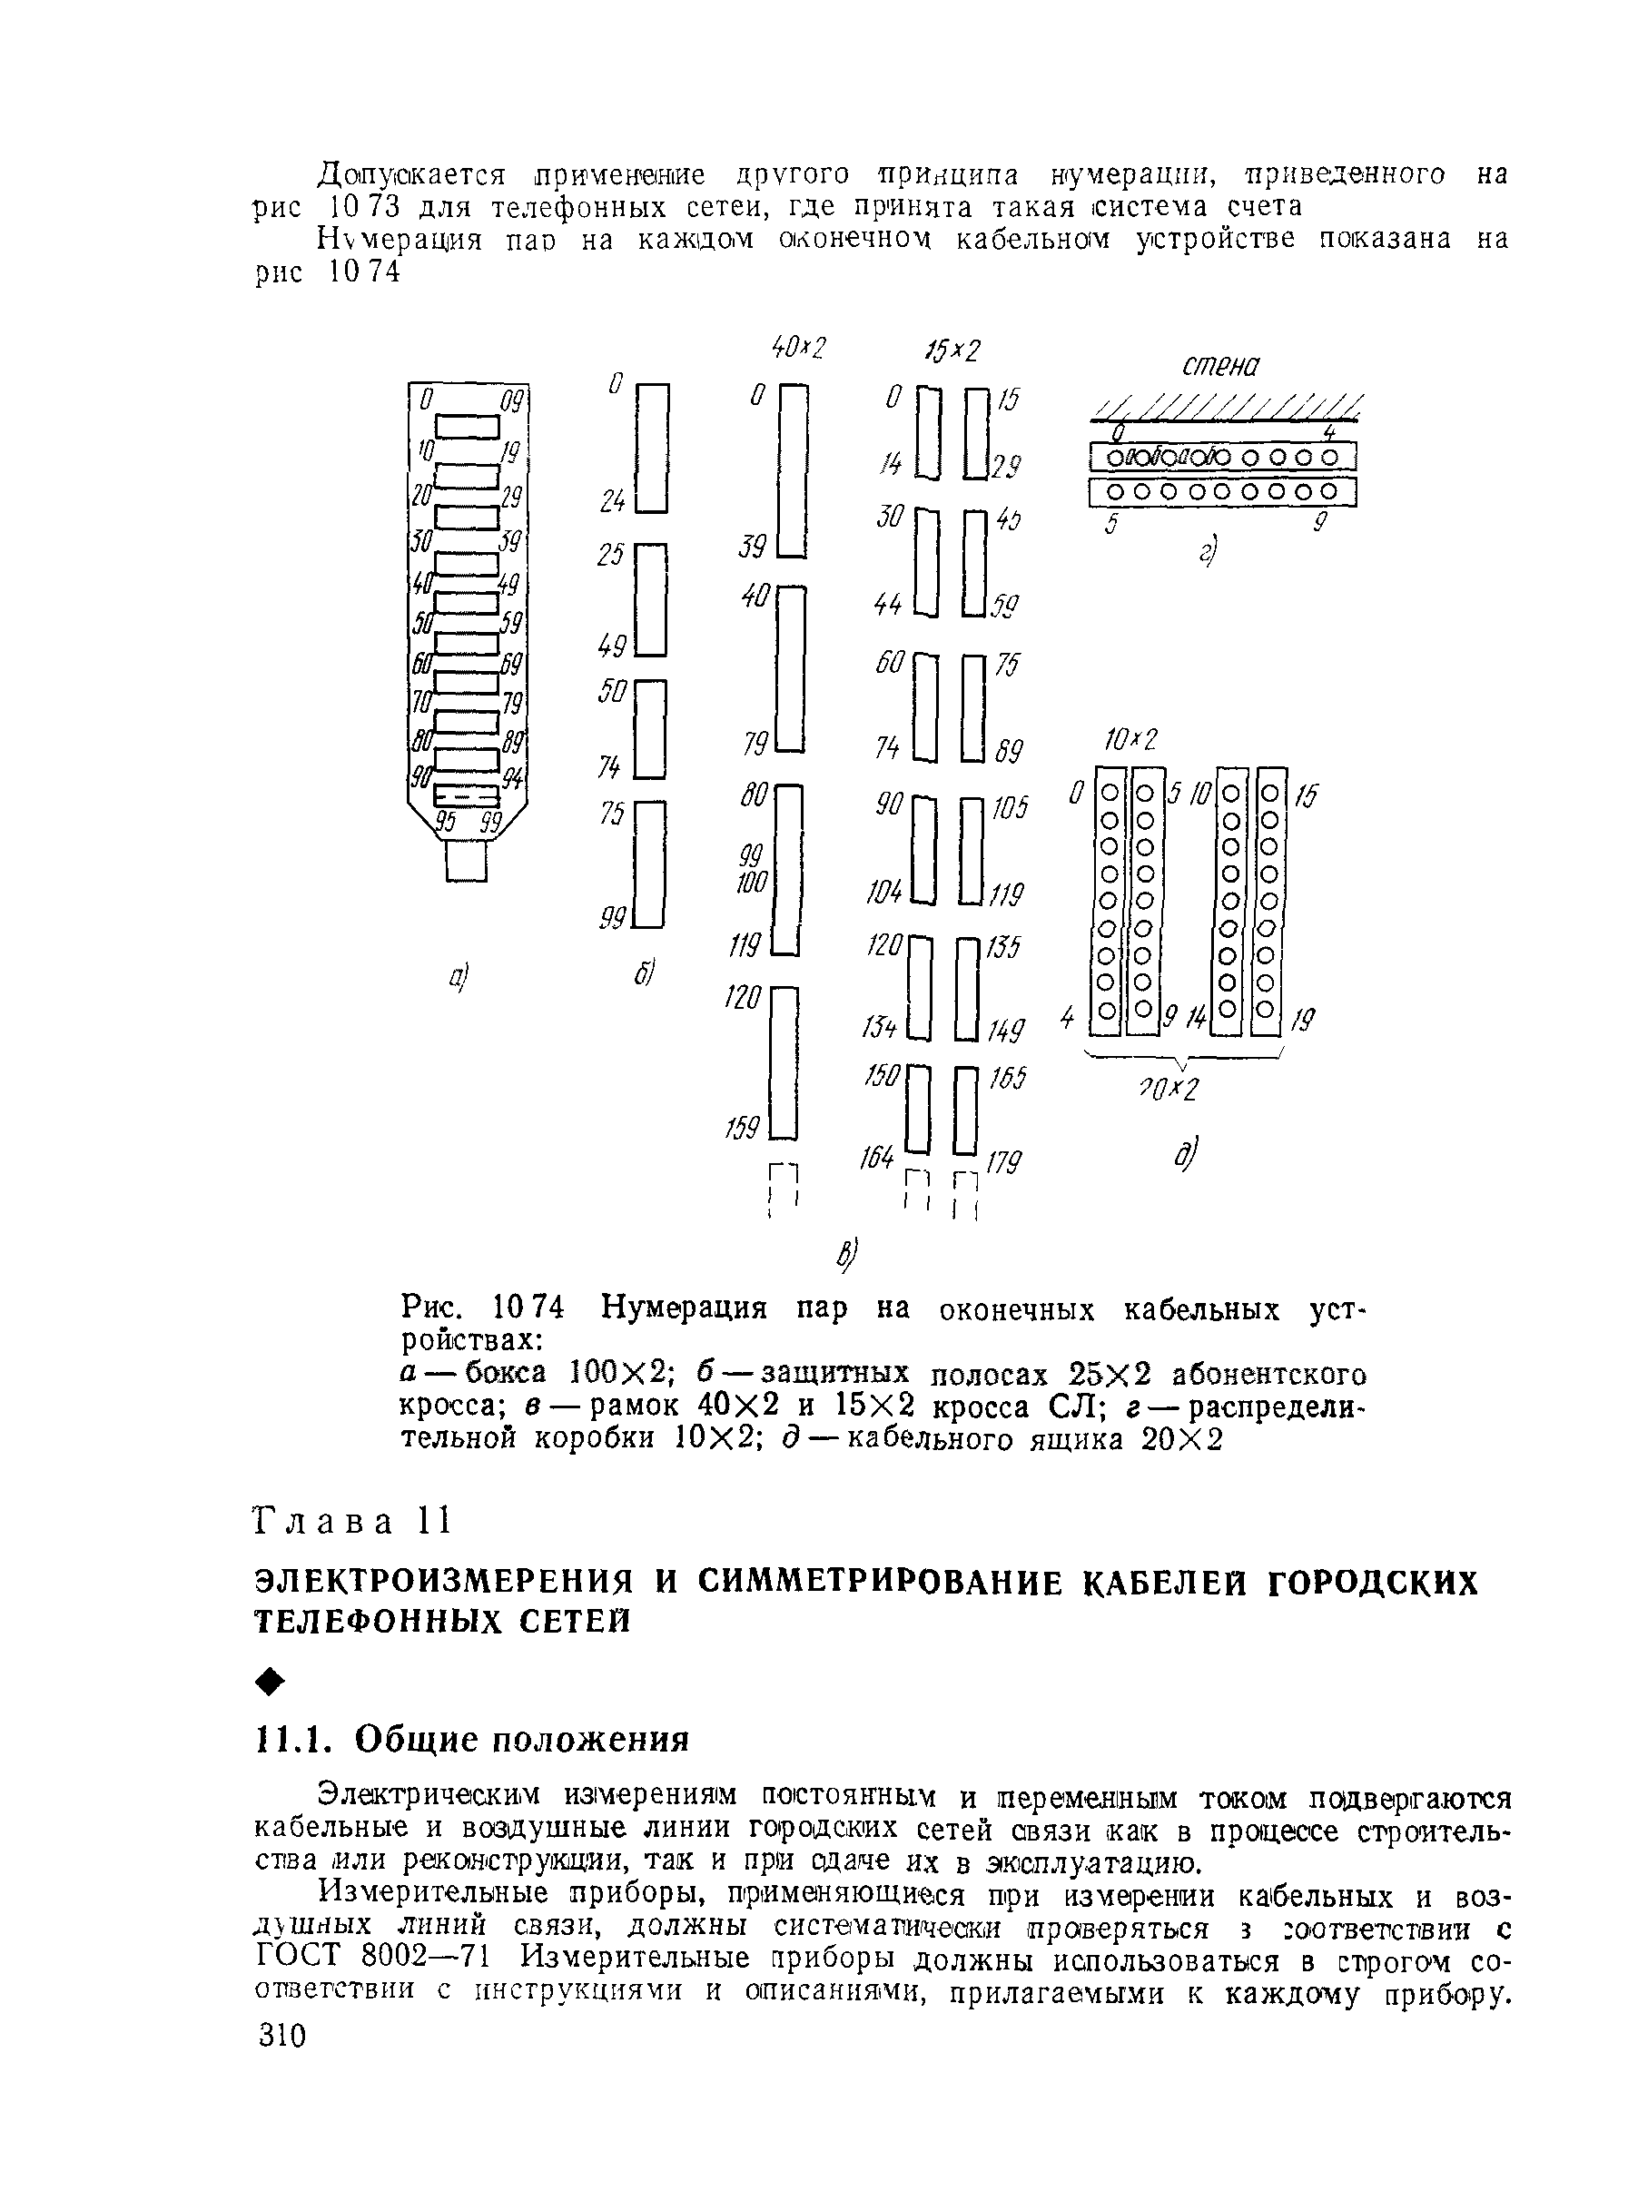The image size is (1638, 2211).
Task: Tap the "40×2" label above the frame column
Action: pyautogui.click(x=798, y=347)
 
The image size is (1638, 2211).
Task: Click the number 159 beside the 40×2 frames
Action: pyautogui.click(x=742, y=1128)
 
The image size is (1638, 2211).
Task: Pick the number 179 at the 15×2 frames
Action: pyautogui.click(x=1003, y=1161)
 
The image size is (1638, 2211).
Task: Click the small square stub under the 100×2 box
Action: pyautogui.click(x=466, y=861)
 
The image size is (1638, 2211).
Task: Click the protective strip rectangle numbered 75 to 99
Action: pyautogui.click(x=649, y=864)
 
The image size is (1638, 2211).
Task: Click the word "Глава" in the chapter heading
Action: pyautogui.click(x=324, y=1522)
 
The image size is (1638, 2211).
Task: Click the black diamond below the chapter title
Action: pyautogui.click(x=271, y=1682)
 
